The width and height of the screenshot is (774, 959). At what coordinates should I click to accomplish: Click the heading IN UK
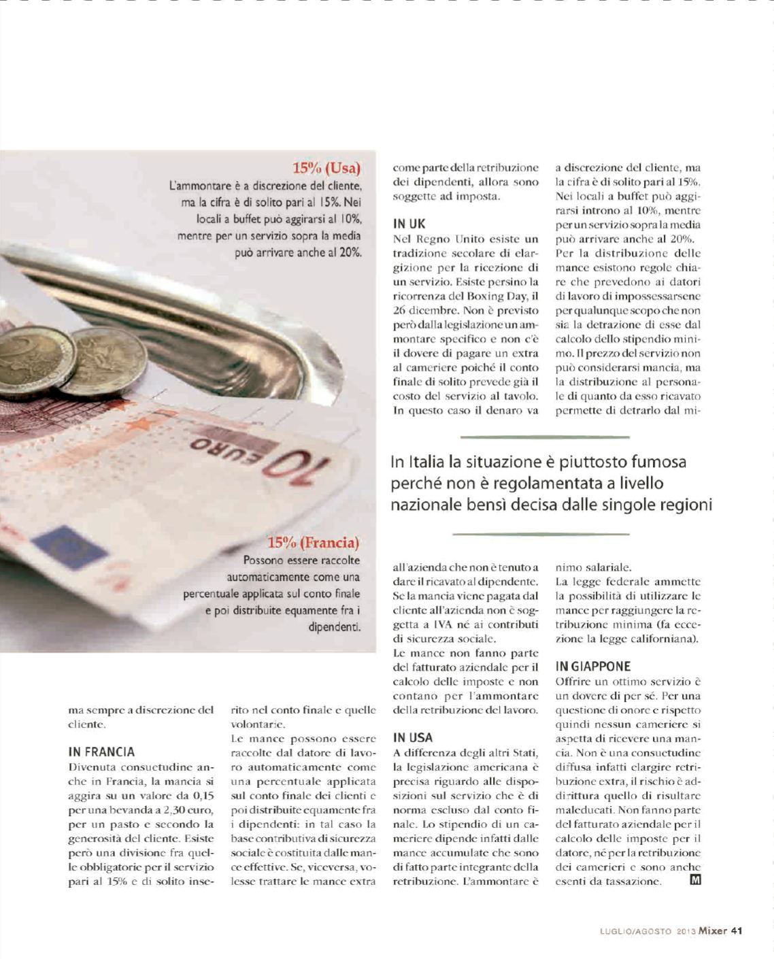coord(409,224)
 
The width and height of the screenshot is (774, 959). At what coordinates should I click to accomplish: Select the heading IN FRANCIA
coord(101,752)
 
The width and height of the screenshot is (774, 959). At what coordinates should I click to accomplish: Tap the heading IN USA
coord(412,737)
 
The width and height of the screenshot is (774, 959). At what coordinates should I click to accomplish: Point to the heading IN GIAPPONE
coord(592,667)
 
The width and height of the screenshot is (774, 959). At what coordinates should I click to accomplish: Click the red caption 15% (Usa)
coord(326,168)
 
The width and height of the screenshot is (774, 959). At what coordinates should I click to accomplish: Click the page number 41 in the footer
coord(736,931)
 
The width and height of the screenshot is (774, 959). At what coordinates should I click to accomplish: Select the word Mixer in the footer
coord(712,931)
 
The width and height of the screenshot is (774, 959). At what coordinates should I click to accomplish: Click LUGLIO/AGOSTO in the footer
coord(636,932)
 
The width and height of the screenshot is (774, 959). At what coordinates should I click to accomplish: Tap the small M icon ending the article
coord(695,881)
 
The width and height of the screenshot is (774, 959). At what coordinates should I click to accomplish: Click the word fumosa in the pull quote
coord(659,462)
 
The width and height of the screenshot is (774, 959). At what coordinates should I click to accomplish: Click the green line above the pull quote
coord(545,437)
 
